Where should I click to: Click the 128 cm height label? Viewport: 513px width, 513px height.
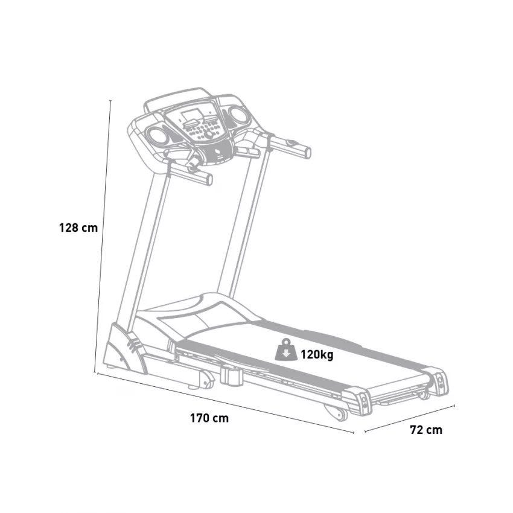78,228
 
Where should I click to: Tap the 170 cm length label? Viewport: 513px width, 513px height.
209,418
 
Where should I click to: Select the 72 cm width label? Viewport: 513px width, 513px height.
426,430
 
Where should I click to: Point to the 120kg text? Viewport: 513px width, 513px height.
317,354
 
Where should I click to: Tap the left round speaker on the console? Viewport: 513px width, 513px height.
158,135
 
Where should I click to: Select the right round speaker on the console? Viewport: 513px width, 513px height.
238,115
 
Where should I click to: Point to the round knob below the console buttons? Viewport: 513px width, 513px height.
208,134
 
